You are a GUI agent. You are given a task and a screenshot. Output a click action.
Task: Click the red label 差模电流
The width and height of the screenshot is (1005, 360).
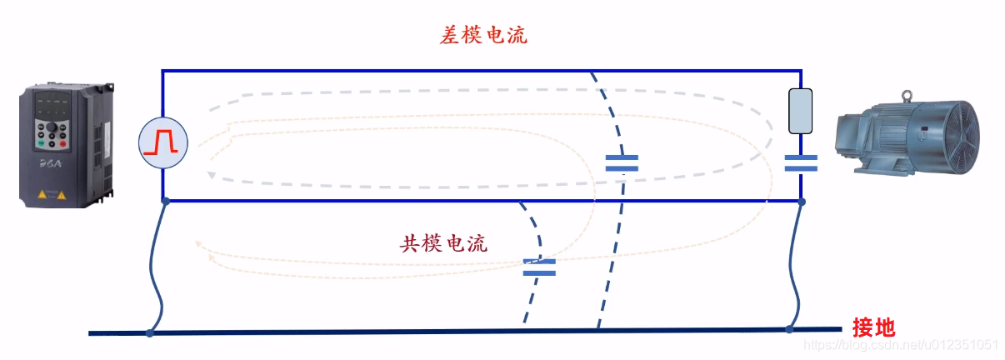(x=483, y=36)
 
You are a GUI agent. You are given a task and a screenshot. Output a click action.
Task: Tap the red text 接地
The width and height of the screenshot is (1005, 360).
(x=873, y=327)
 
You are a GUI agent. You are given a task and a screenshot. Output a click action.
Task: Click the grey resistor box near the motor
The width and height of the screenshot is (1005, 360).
(x=801, y=112)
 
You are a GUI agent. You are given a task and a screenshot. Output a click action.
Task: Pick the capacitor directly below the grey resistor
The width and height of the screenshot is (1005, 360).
(x=801, y=162)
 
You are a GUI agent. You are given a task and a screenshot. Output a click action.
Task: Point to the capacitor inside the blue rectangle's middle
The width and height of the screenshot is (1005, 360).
(x=622, y=162)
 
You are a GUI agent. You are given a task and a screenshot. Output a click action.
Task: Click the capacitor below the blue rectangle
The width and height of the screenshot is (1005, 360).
(x=538, y=267)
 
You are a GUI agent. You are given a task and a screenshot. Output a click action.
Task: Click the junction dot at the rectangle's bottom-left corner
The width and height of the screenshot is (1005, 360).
(x=165, y=201)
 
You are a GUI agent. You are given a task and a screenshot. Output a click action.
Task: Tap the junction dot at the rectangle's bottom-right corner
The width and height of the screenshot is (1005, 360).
(x=802, y=201)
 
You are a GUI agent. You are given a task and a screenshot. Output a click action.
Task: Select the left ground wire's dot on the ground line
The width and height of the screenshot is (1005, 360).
(x=150, y=333)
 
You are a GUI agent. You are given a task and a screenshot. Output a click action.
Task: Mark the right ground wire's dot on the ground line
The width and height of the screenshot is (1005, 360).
(x=788, y=330)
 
